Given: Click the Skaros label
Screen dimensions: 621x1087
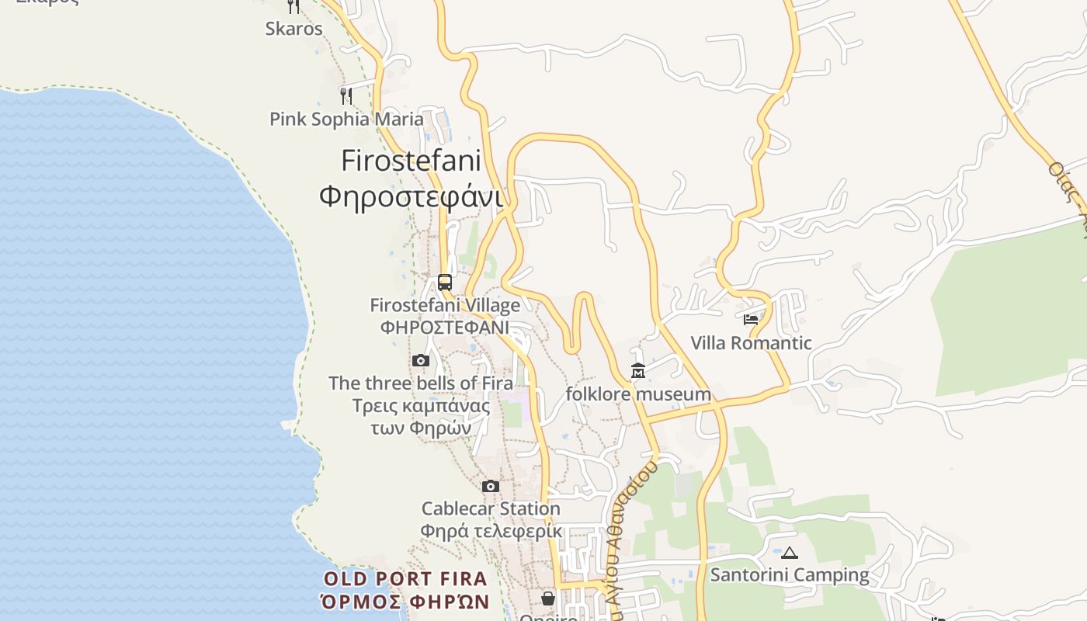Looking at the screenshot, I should tap(293, 29).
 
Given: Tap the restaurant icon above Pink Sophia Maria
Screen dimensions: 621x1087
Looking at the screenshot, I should tap(346, 95).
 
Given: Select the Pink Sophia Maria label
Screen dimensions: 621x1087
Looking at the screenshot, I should tap(346, 119).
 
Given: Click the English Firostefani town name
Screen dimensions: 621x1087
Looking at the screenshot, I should tap(411, 161).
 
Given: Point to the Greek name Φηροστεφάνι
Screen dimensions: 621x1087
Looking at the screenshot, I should tap(411, 196).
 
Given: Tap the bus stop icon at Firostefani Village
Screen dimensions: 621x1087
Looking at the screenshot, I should tap(445, 283).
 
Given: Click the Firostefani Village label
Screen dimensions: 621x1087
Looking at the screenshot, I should tap(445, 305).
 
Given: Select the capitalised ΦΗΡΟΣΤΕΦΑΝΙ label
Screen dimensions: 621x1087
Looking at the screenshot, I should tap(445, 327).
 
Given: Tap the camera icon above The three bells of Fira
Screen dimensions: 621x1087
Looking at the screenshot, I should tap(421, 360).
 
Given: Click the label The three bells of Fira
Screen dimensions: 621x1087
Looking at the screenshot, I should tap(421, 383).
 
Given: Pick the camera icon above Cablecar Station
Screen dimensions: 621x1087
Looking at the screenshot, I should tap(491, 486).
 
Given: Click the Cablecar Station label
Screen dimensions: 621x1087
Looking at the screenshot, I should tap(491, 508).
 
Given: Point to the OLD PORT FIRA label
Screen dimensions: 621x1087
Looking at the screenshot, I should tap(405, 578).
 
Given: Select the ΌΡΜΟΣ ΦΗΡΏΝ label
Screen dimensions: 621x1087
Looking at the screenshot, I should tap(405, 602).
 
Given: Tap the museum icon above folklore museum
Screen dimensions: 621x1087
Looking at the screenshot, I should tap(638, 371).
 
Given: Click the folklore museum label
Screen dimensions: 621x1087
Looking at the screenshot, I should tap(638, 394).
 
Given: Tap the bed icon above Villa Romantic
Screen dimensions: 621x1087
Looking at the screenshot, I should tap(751, 320).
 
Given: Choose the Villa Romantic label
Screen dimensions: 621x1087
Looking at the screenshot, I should tap(751, 343).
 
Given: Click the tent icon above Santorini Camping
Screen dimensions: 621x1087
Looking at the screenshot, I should tap(790, 553).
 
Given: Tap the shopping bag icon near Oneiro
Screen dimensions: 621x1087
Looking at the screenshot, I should tap(548, 598).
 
